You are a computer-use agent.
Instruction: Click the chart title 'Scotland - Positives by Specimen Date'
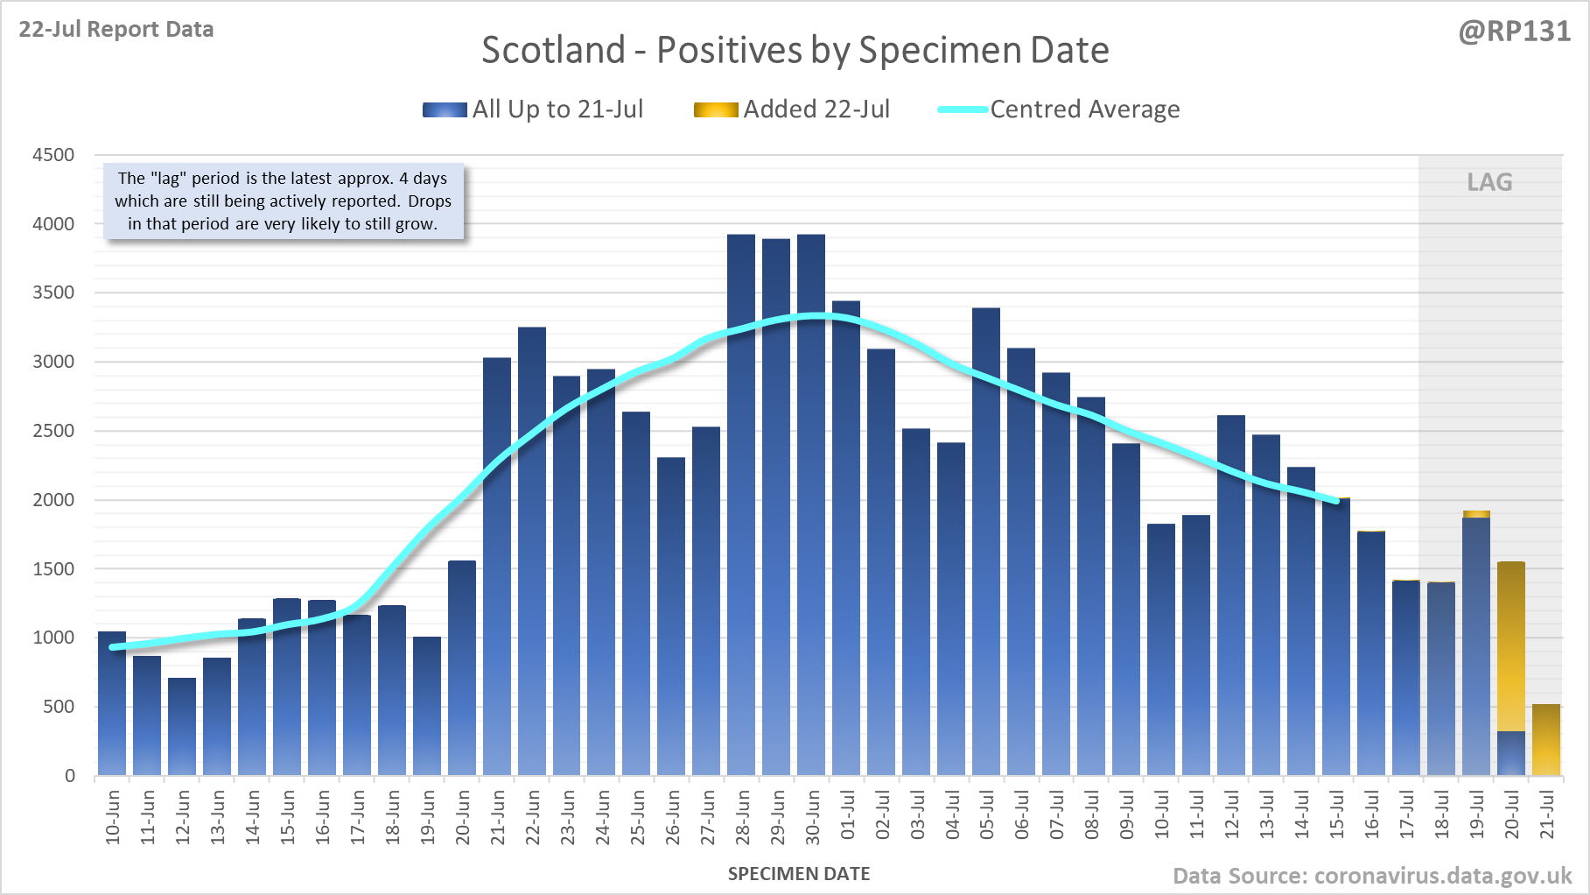(x=795, y=50)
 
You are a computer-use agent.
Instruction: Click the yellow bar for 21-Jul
(x=1546, y=740)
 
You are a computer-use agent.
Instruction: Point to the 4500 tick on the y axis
(x=53, y=155)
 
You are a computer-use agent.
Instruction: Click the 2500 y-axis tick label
(x=53, y=431)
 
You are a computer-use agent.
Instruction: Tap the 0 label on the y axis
(x=70, y=776)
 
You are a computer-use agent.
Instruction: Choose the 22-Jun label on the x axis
(x=533, y=817)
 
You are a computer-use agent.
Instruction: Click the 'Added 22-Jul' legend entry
(x=792, y=109)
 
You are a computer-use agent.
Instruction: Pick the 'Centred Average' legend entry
(x=1059, y=109)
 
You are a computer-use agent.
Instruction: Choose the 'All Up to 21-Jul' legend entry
(x=533, y=109)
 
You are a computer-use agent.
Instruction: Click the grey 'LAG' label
(x=1489, y=182)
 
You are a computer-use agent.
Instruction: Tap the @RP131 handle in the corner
(x=1514, y=32)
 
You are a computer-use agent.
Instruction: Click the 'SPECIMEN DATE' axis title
(x=799, y=874)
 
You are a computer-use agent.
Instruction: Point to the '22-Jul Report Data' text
(x=116, y=30)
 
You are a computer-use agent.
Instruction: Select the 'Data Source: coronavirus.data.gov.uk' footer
(x=1372, y=876)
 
